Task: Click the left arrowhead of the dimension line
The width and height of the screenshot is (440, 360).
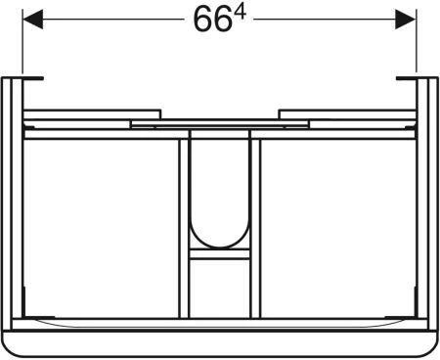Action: [x=32, y=20]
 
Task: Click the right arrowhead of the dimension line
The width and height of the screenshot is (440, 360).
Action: [x=406, y=20]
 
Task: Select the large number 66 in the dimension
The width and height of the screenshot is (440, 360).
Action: [x=210, y=20]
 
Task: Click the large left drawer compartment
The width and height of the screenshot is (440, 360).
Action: [x=102, y=228]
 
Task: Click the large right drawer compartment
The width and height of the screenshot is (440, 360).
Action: [x=338, y=228]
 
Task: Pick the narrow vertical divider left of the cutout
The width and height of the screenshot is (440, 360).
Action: [x=184, y=228]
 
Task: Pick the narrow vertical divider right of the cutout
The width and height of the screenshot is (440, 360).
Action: [x=255, y=228]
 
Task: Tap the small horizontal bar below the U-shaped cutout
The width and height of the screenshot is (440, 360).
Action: [x=220, y=254]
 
